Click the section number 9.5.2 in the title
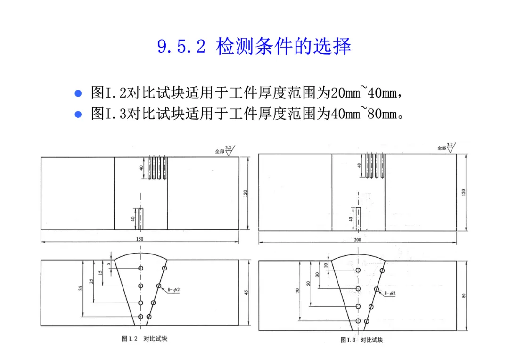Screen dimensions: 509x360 pyautogui.click(x=181, y=47)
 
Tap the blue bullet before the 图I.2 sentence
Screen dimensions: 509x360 pyautogui.click(x=79, y=93)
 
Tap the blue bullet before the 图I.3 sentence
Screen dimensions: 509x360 pyautogui.click(x=79, y=114)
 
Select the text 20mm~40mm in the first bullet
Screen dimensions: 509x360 pyautogui.click(x=364, y=93)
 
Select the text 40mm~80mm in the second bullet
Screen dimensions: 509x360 pyautogui.click(x=364, y=114)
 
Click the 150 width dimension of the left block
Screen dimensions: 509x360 pyautogui.click(x=140, y=239)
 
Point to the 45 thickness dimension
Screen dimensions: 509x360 pyautogui.click(x=246, y=292)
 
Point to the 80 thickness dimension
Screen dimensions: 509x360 pyautogui.click(x=464, y=295)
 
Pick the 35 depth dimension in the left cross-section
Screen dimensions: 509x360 pyautogui.click(x=81, y=288)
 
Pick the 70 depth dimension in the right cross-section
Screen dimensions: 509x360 pyautogui.click(x=297, y=290)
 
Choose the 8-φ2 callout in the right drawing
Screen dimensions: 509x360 pyautogui.click(x=390, y=293)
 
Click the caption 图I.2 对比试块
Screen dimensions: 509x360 pyautogui.click(x=144, y=339)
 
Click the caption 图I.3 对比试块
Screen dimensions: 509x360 pyautogui.click(x=361, y=340)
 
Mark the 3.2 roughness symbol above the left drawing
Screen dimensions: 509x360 pyautogui.click(x=229, y=149)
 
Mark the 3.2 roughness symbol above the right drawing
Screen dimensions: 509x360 pyautogui.click(x=450, y=146)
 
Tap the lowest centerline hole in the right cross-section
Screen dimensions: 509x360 pyautogui.click(x=358, y=321)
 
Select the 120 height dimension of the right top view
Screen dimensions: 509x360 pyautogui.click(x=464, y=192)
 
